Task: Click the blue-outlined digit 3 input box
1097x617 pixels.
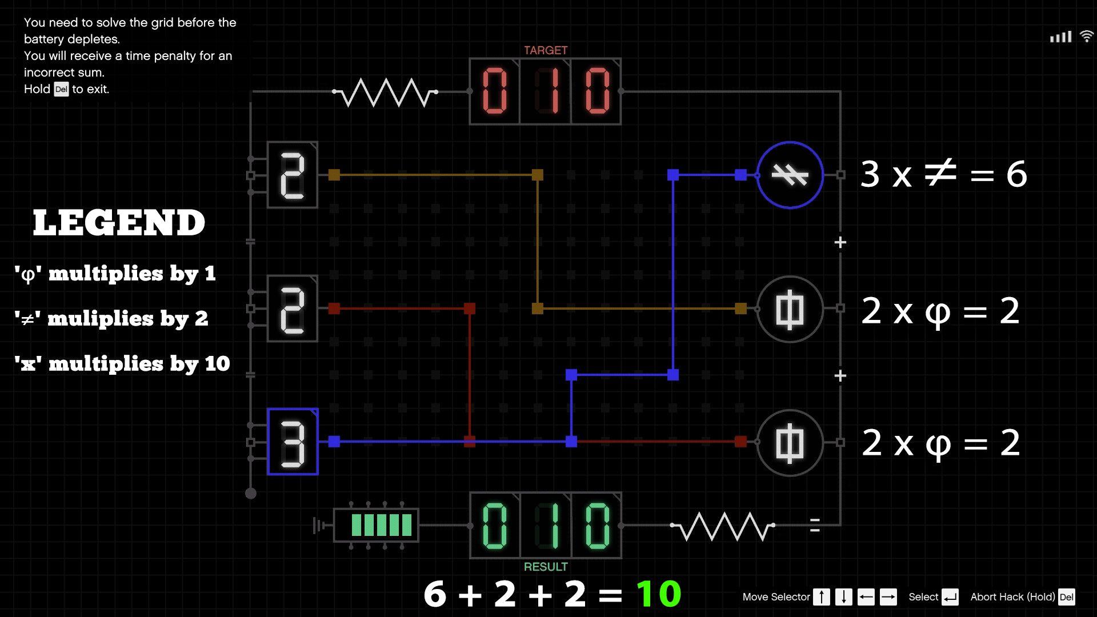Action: [293, 442]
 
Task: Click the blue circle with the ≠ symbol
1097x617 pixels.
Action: [790, 175]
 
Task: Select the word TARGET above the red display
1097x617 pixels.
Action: [546, 50]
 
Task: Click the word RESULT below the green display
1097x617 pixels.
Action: [546, 567]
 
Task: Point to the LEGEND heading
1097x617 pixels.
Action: [119, 223]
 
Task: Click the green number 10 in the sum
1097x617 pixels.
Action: [659, 594]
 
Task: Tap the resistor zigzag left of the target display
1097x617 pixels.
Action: [385, 93]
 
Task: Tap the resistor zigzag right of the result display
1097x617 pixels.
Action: [723, 526]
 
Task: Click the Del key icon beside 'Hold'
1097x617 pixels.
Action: [61, 89]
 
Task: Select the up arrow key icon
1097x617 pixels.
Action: [821, 597]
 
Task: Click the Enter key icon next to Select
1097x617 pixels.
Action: [950, 597]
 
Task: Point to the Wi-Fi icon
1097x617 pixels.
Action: [1086, 37]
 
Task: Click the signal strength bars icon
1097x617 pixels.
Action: [1060, 37]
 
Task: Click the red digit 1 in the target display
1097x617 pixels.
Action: [546, 91]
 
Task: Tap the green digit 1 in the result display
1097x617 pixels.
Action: [546, 526]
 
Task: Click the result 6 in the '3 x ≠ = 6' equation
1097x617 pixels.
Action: [1016, 174]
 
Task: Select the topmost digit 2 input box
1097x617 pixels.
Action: [293, 175]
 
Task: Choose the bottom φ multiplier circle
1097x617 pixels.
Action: [790, 443]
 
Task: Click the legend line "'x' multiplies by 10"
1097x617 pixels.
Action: [122, 364]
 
